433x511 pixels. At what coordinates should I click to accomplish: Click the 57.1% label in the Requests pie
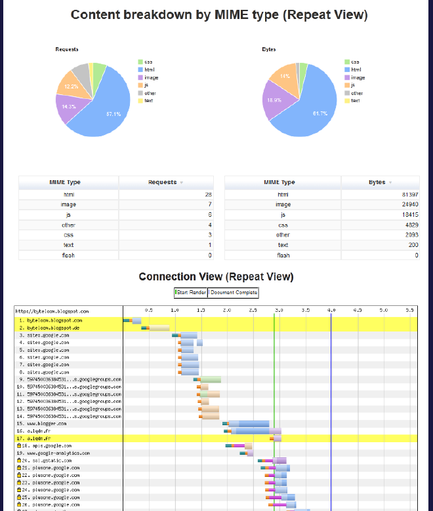coord(113,115)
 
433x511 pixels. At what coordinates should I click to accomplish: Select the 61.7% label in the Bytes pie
coord(320,114)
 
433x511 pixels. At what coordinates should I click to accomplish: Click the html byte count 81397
coord(407,195)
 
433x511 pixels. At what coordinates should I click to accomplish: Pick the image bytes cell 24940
coord(407,204)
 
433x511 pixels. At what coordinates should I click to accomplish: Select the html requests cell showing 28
coord(208,195)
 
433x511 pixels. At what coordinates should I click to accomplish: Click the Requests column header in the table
coord(163,182)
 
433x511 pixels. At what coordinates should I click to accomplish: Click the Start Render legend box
coord(191,292)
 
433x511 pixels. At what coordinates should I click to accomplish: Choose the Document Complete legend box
coord(234,292)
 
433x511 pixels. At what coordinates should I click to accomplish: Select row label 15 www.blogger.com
coord(43,423)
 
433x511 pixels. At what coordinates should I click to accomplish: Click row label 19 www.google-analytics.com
coord(53,453)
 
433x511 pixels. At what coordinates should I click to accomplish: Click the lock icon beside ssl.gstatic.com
coord(19,461)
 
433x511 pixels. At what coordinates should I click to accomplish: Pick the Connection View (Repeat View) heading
coord(216,277)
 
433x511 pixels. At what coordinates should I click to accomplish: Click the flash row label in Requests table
coord(68,255)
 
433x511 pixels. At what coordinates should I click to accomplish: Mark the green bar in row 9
coord(211,379)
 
